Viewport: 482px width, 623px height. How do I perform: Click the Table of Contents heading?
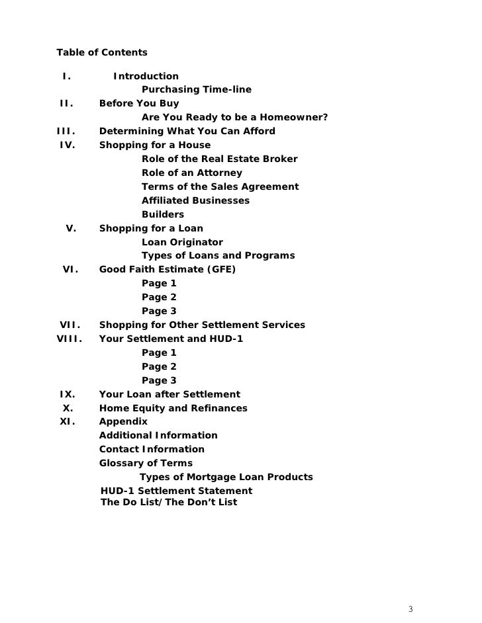[x=102, y=52]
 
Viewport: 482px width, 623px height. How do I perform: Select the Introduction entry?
[x=146, y=76]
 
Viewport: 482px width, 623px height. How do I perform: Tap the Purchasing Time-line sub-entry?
[x=196, y=90]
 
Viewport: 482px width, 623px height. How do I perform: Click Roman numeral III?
[x=67, y=131]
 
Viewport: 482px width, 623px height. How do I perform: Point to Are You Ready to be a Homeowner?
[x=234, y=118]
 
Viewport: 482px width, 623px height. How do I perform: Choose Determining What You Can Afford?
[x=187, y=131]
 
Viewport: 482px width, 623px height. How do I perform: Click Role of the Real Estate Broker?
[x=219, y=159]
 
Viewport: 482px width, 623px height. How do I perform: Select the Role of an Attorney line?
[x=191, y=173]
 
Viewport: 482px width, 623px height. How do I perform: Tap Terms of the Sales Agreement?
[x=220, y=187]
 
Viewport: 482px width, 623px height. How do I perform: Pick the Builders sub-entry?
[x=163, y=215]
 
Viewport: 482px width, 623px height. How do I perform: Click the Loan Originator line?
[x=182, y=242]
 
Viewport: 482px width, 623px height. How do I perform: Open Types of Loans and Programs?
[x=218, y=256]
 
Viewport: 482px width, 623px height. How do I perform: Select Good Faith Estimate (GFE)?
[x=167, y=270]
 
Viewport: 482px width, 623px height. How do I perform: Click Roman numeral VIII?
[x=69, y=339]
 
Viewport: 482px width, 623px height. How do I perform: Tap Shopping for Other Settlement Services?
[x=202, y=325]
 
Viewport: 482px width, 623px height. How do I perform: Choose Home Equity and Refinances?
[x=173, y=408]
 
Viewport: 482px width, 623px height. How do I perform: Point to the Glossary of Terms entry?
[x=146, y=464]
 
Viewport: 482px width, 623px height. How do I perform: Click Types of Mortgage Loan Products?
[x=226, y=478]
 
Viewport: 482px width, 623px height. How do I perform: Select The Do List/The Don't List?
[x=168, y=503]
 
